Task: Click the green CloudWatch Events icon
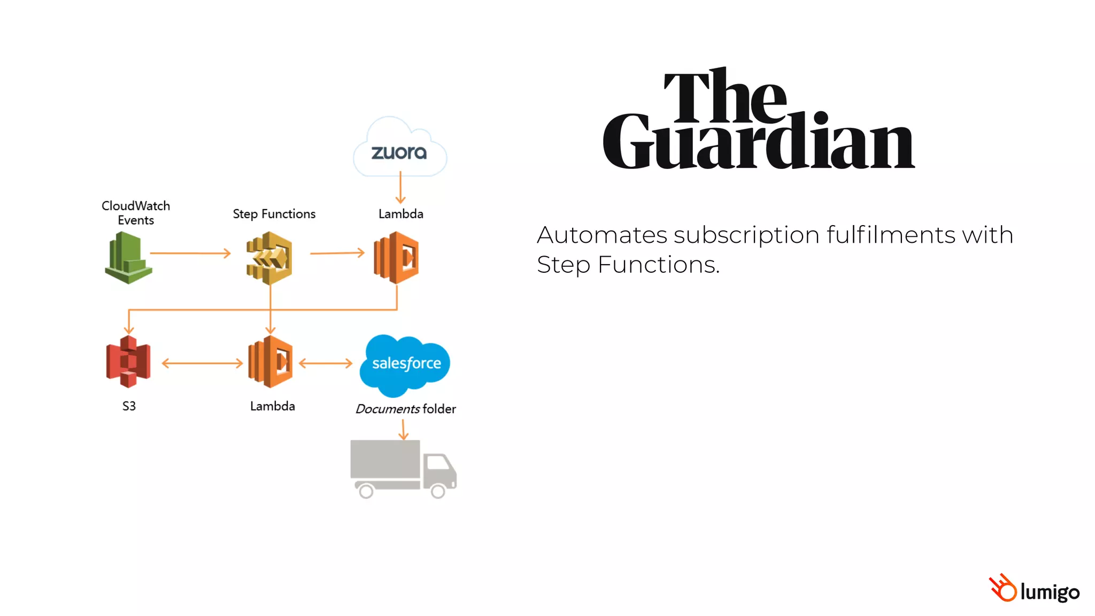(x=128, y=258)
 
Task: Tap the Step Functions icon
(x=269, y=258)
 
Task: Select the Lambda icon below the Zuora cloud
(x=396, y=258)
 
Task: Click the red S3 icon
(x=128, y=362)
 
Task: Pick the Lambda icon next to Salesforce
(x=271, y=362)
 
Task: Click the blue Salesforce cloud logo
(x=405, y=365)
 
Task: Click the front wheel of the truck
(x=438, y=491)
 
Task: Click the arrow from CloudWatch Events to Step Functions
(x=190, y=253)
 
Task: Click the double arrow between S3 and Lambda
(x=202, y=364)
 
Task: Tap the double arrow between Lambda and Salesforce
(x=326, y=364)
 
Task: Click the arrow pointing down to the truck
(x=404, y=429)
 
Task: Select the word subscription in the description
(x=746, y=235)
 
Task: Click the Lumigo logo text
(x=1050, y=592)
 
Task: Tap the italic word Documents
(x=388, y=409)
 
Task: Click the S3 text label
(x=129, y=406)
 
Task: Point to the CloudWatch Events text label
(x=136, y=213)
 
